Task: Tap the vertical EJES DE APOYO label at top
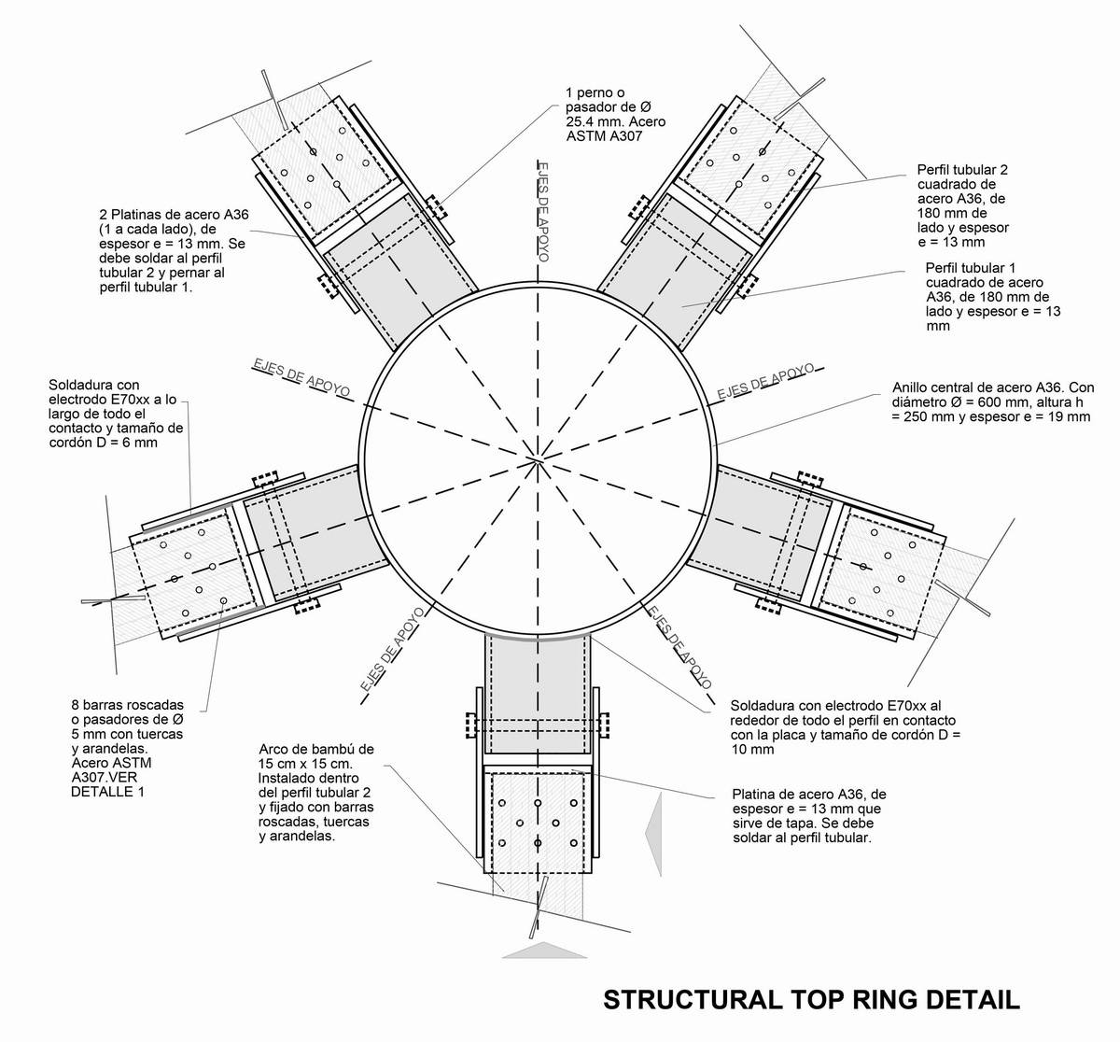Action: [x=543, y=212]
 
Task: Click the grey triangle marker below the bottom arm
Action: [x=544, y=950]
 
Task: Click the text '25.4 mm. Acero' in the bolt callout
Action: [x=616, y=121]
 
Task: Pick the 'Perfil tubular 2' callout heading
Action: [x=962, y=170]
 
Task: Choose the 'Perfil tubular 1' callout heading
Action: [x=970, y=268]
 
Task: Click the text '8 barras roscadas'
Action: [x=128, y=705]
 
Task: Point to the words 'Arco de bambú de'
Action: [x=316, y=749]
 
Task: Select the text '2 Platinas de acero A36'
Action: [x=174, y=215]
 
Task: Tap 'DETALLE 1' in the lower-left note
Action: [x=107, y=792]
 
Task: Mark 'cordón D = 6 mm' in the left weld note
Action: [x=104, y=443]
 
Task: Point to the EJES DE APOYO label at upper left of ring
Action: [x=301, y=377]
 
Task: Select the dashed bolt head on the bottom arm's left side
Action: [x=469, y=725]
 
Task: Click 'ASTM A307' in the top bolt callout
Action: [x=604, y=136]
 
